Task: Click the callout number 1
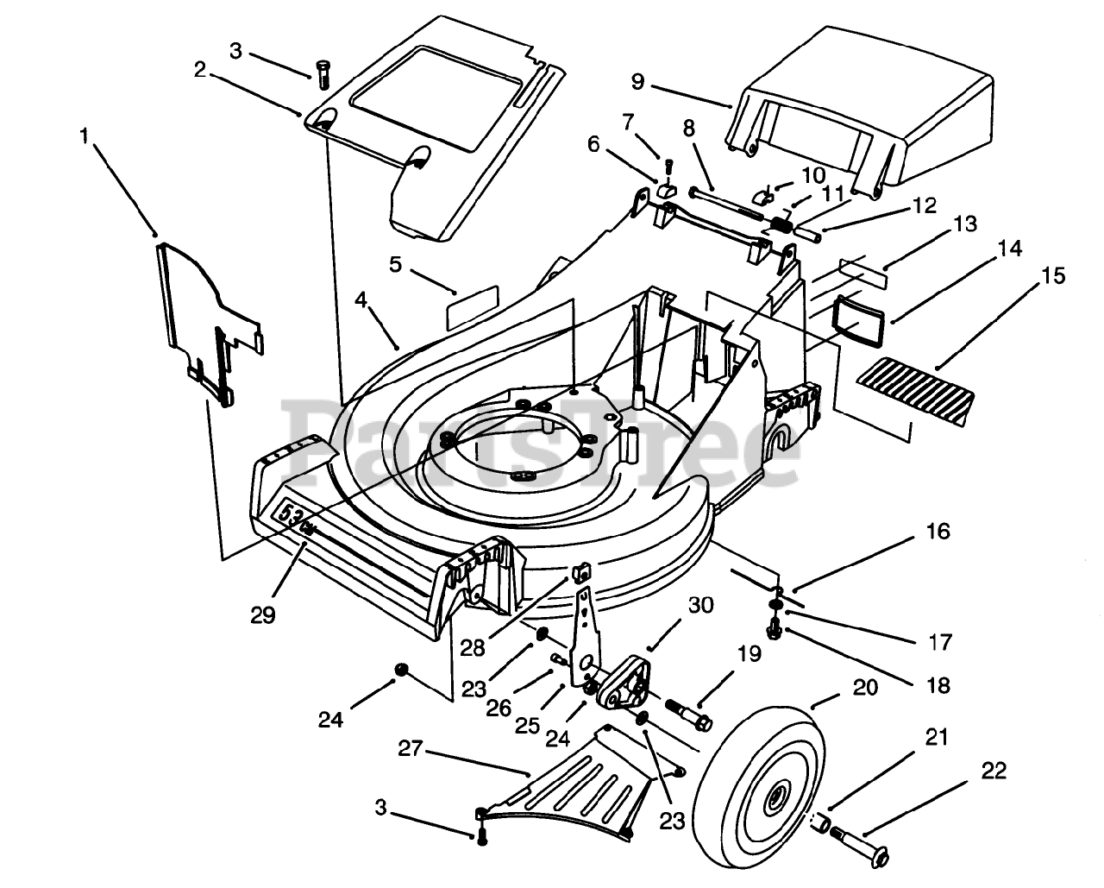coord(85,136)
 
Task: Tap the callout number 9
coord(637,82)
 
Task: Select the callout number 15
coord(1053,275)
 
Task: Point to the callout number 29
coord(263,614)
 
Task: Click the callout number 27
coord(411,749)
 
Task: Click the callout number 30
coord(700,605)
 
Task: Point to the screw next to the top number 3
coord(323,75)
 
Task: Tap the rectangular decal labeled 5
coord(473,307)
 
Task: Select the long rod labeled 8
coord(724,203)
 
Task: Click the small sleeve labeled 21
coord(821,825)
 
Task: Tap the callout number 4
coord(361,300)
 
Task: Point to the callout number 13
coord(965,224)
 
